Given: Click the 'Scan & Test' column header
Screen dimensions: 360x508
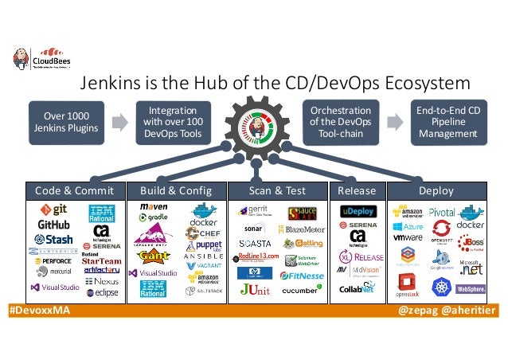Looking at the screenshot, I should point(276,191).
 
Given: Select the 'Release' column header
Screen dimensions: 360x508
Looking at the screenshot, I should point(356,191).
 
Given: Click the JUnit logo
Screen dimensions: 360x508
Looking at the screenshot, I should point(255,291).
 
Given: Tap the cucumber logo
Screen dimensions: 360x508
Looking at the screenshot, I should point(303,290).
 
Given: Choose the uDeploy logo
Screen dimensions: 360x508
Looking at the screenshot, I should point(357,211).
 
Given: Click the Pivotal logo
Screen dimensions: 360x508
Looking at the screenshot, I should point(441,213).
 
